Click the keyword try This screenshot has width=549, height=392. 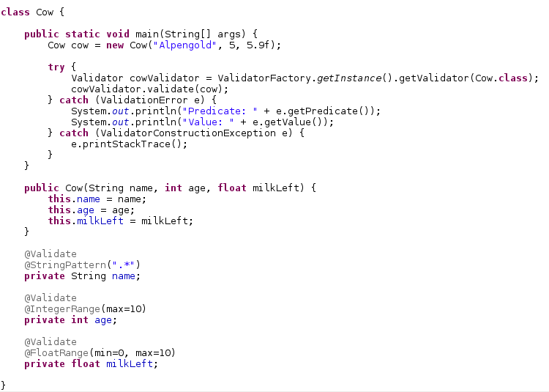[56, 67]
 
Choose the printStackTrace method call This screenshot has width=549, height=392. [129, 144]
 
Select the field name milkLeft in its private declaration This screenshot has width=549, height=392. [132, 363]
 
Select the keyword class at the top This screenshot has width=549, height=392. [15, 12]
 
